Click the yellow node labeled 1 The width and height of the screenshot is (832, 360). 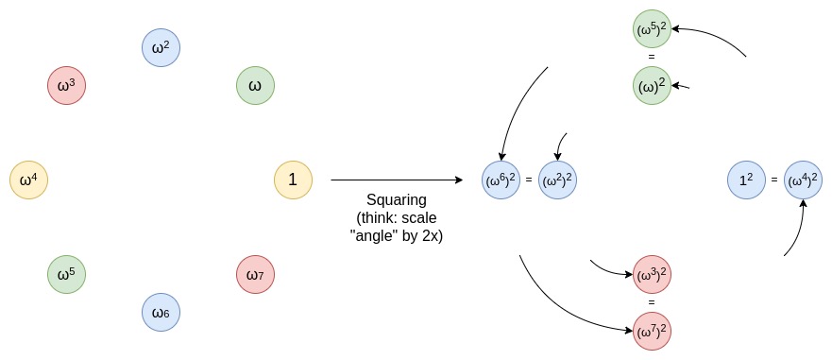coord(293,180)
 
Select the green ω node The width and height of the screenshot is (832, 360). coord(255,86)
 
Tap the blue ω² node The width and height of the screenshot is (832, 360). coord(161,47)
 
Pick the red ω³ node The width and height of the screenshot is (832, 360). coord(66,86)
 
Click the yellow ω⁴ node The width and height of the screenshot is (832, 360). coord(28,180)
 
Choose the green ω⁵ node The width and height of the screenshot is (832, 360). coord(66,274)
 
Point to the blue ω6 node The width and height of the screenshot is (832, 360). coord(161,312)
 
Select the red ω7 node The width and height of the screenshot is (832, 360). coord(255,274)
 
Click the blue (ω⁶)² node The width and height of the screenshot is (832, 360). coord(501,180)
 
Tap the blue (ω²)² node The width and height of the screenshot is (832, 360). coord(557,180)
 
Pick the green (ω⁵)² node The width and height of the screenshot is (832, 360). coord(652,29)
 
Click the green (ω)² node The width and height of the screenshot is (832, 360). coord(652,86)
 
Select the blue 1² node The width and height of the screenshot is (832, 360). coord(746,180)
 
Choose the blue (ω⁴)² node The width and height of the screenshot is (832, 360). coord(803,180)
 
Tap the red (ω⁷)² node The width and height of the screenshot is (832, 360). coord(652,331)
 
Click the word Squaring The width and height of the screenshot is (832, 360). coord(397,200)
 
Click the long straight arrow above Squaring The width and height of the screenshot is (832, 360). coord(392,180)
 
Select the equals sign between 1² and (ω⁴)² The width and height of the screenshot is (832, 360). coord(774,180)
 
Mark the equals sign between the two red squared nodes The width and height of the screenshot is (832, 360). coord(652,302)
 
